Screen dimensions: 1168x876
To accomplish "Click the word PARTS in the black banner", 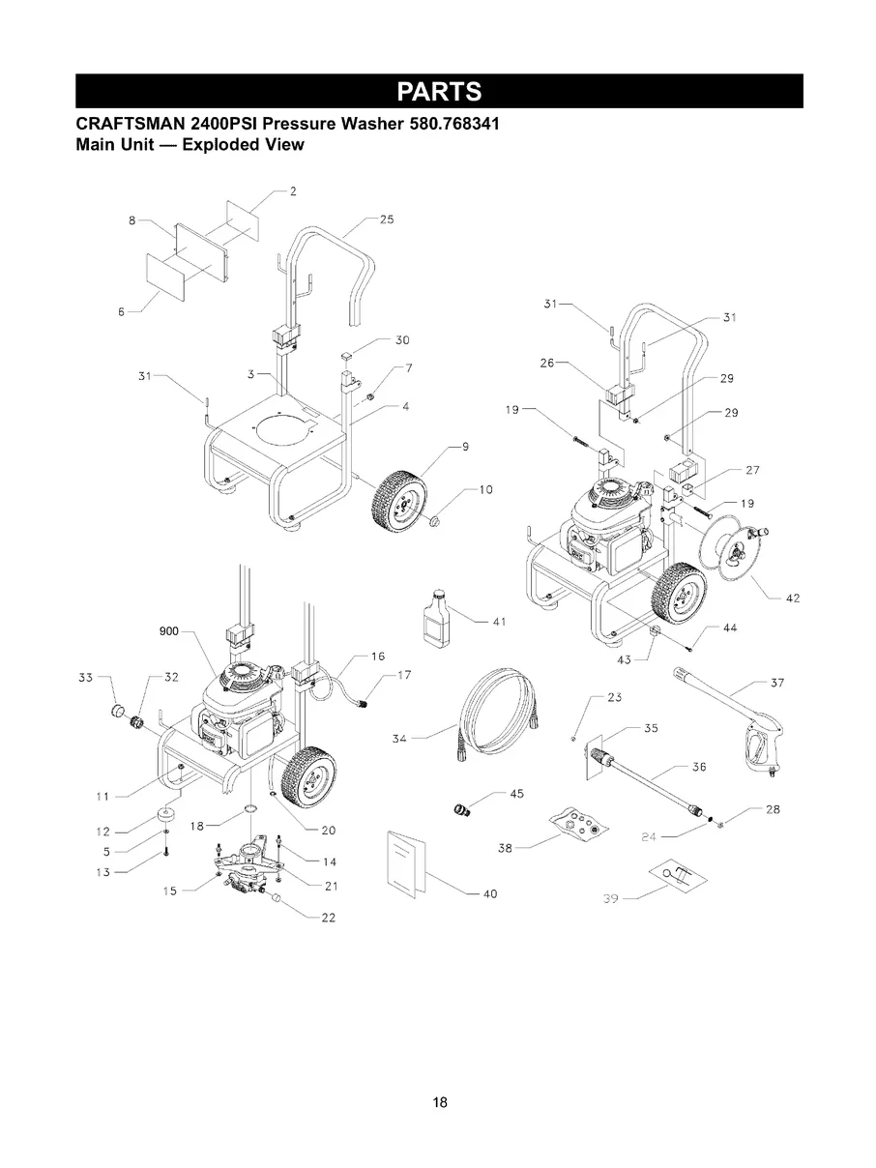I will point(439,91).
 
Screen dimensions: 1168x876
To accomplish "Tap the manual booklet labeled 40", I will point(406,862).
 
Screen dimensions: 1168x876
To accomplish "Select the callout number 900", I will point(169,631).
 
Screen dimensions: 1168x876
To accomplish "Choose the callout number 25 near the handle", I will point(386,219).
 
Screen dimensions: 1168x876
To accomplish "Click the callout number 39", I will point(609,899).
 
